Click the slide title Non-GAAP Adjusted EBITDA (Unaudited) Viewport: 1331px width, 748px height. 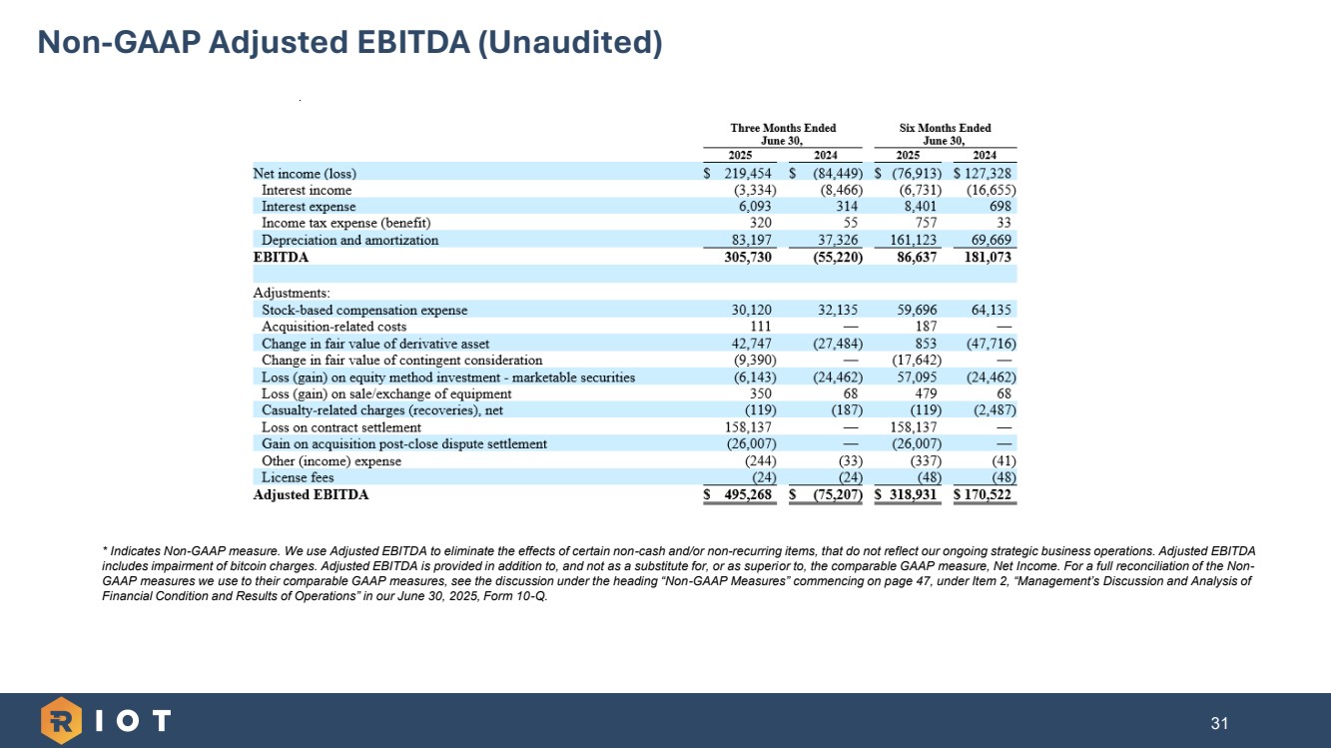349,42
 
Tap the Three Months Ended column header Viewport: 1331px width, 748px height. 783,128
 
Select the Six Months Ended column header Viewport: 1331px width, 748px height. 945,128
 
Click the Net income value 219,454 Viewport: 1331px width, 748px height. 748,173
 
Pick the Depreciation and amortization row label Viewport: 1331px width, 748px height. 349,240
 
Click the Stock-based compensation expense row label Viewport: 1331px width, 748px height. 364,310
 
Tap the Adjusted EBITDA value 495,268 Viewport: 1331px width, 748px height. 746,494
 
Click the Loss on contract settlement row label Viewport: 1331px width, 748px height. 341,427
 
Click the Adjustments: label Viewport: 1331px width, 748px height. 292,293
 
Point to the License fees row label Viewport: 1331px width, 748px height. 298,477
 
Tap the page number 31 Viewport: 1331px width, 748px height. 1218,723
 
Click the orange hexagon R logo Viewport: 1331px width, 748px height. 61,721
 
